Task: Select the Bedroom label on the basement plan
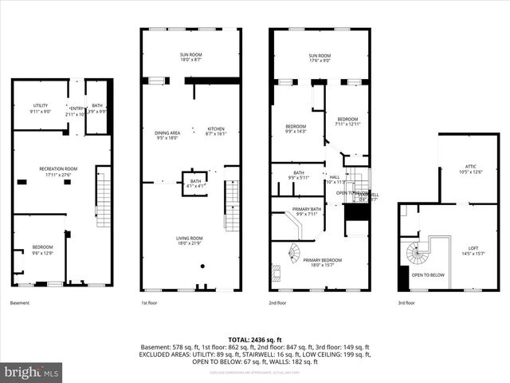click(x=41, y=250)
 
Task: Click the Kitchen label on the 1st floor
click(x=217, y=132)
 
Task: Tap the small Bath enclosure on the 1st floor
click(x=194, y=182)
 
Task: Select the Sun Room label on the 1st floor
click(x=190, y=57)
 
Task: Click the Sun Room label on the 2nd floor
click(x=319, y=57)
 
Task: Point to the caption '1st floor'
click(x=150, y=303)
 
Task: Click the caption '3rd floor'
click(x=406, y=303)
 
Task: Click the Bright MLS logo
click(x=32, y=372)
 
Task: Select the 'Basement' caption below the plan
click(x=19, y=303)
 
